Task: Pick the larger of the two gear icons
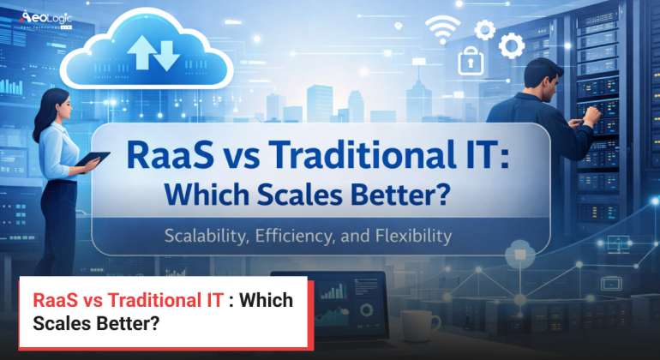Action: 513,45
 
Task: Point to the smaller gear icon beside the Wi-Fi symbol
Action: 484,31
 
